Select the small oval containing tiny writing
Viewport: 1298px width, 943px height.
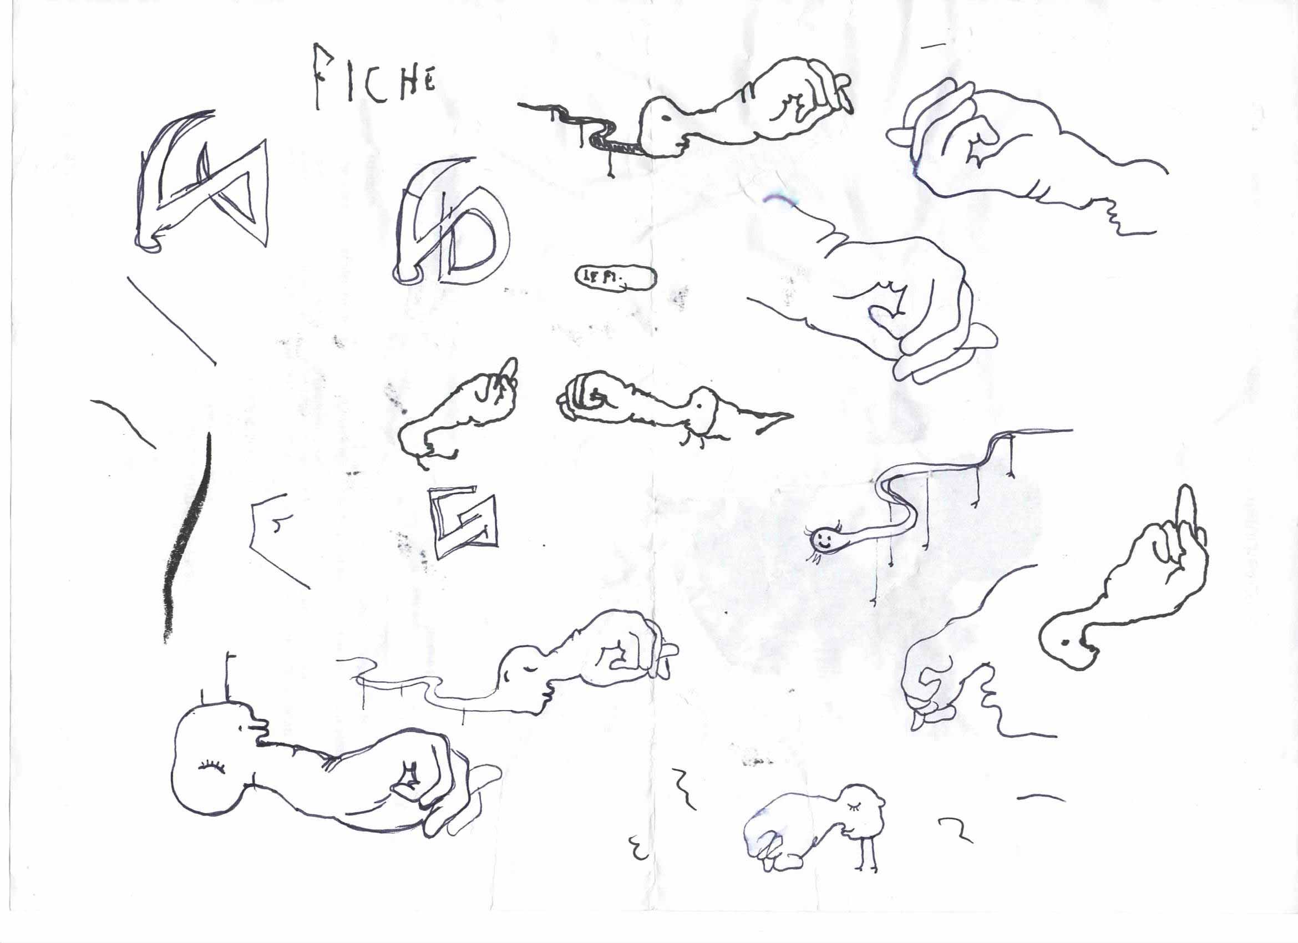(x=615, y=278)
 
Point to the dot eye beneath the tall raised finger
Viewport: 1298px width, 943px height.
(x=1066, y=642)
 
